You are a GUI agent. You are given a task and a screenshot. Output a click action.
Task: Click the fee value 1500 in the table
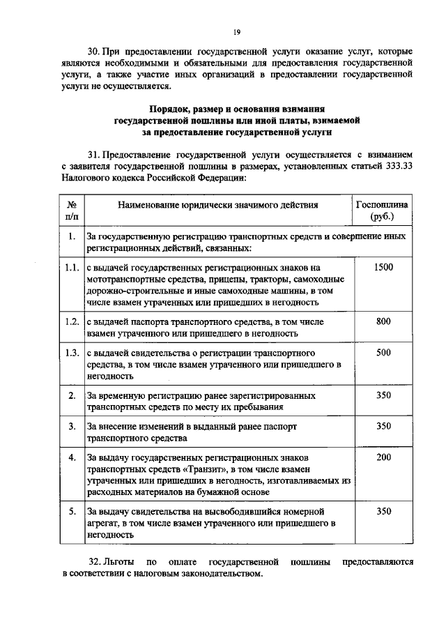383,267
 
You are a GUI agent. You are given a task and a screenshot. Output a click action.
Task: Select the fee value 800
383,321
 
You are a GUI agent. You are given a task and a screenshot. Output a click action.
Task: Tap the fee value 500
383,353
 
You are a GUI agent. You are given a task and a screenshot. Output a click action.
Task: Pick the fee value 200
383,457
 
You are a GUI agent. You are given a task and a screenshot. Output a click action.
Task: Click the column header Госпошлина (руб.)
383,211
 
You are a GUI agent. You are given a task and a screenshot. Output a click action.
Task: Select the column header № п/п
71,211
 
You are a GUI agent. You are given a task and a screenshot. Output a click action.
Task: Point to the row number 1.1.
71,267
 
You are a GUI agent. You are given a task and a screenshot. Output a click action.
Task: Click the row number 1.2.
71,321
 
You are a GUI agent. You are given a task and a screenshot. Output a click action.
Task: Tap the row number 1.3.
71,353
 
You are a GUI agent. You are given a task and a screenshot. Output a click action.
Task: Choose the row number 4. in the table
71,457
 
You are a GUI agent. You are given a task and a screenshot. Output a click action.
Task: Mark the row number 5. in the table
71,511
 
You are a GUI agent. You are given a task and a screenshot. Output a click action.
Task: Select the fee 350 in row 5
383,511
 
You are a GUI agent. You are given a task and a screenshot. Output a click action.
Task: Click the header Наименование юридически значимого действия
217,205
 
